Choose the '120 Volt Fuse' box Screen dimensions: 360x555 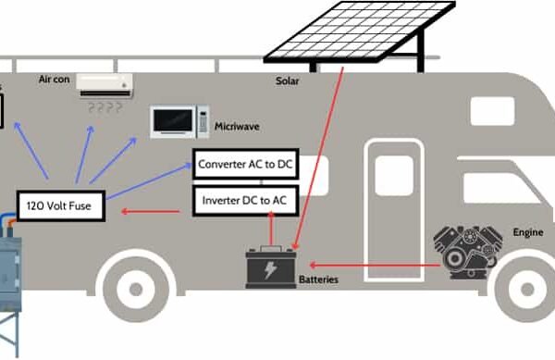tap(62, 205)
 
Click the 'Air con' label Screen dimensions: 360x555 tap(54, 81)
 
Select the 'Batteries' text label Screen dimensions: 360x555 tap(320, 279)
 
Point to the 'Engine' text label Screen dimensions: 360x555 tap(528, 232)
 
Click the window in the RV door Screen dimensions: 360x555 tap(393, 177)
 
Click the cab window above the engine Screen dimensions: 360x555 tap(492, 112)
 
